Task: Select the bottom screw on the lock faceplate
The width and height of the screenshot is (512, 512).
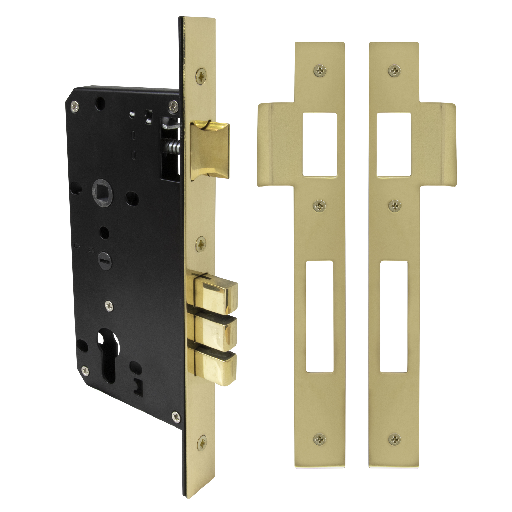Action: pyautogui.click(x=202, y=443)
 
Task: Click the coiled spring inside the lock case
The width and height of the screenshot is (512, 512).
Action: pyautogui.click(x=173, y=145)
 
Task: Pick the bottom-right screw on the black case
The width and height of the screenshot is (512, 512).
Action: pyautogui.click(x=176, y=417)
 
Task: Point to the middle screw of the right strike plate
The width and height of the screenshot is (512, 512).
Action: pyautogui.click(x=394, y=206)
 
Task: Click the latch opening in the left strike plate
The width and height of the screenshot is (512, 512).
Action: pyautogui.click(x=319, y=145)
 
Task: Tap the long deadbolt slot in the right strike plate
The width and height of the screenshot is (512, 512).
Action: pyautogui.click(x=393, y=317)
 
